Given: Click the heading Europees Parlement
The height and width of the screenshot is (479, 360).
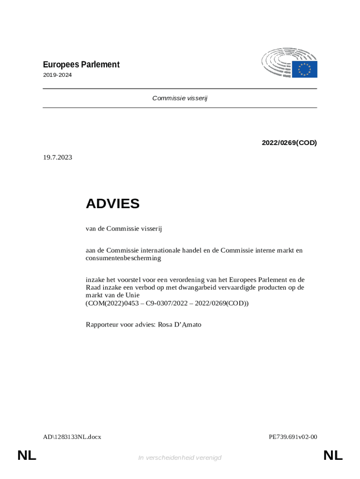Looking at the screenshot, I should [x=81, y=65].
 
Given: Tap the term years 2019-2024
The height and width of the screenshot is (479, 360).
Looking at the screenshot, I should [x=58, y=75].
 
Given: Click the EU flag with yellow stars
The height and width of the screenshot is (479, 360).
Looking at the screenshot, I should [x=305, y=69].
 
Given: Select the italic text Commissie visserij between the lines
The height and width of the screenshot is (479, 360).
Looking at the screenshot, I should [x=180, y=98].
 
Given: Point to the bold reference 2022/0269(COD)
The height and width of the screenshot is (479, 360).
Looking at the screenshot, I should [x=289, y=143].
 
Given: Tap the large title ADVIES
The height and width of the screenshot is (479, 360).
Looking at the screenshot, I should [x=113, y=203].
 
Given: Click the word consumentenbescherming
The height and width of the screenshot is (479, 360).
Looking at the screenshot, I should [x=123, y=258].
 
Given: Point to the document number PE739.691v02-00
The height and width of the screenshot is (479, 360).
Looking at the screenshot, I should [x=293, y=437].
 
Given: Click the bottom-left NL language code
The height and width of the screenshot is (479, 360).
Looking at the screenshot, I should [x=27, y=455].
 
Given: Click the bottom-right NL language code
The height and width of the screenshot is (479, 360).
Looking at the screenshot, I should [x=333, y=455].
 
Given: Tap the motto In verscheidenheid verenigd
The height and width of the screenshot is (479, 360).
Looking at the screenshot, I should [x=180, y=457].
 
